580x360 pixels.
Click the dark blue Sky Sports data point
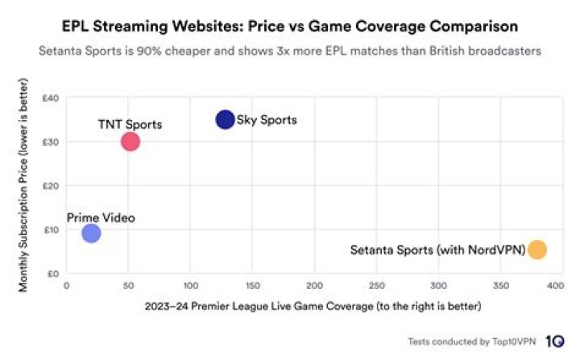click(x=225, y=119)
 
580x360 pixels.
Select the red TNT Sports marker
click(x=130, y=142)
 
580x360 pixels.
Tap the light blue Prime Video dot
click(x=91, y=234)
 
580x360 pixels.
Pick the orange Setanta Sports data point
click(x=536, y=250)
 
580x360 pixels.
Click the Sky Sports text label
click(x=267, y=120)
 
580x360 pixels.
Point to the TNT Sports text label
click(x=130, y=124)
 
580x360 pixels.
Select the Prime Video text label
click(x=101, y=217)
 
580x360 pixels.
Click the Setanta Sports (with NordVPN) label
click(x=437, y=250)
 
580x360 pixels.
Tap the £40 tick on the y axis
click(x=51, y=98)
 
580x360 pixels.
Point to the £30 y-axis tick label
click(x=51, y=142)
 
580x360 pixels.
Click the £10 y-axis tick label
click(x=51, y=230)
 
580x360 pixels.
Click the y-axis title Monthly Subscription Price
click(x=24, y=185)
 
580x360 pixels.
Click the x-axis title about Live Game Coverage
click(x=313, y=306)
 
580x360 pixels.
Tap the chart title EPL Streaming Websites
click(x=290, y=27)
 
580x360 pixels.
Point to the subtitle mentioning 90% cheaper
click(x=290, y=51)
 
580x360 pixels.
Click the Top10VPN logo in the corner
click(x=554, y=341)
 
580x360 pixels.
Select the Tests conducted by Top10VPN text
click(x=472, y=341)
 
